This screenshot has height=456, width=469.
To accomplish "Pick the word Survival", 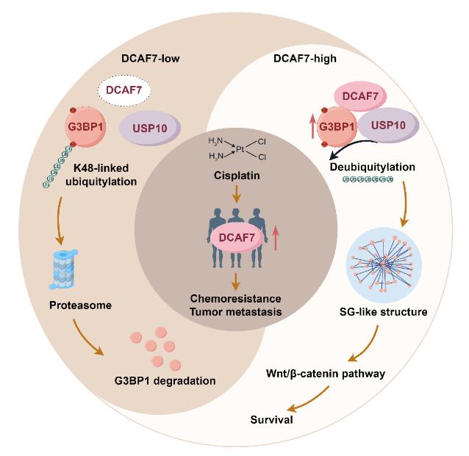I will (x=271, y=421).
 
